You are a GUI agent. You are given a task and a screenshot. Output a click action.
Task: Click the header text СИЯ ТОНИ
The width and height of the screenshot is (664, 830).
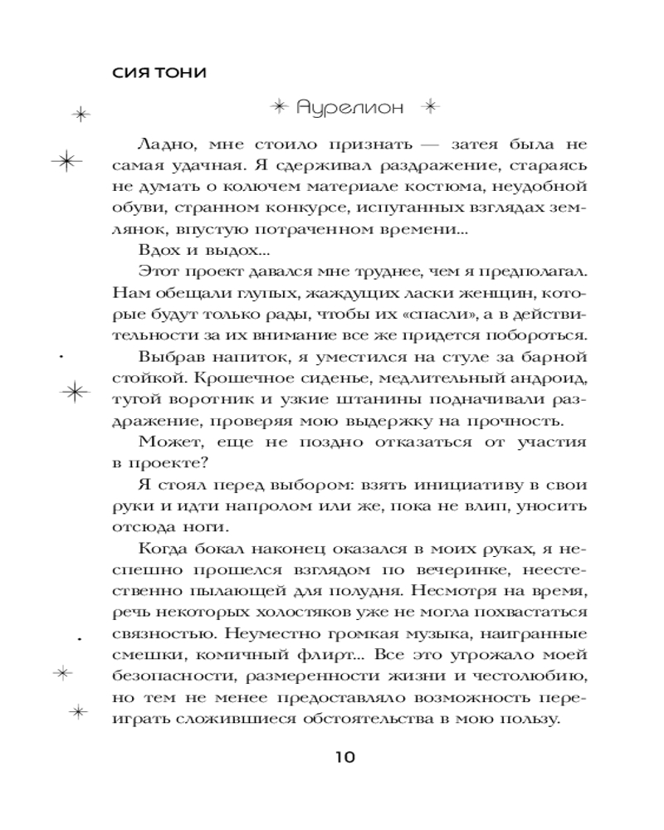coord(158,72)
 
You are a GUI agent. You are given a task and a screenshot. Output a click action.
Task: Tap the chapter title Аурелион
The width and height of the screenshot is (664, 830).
coord(350,108)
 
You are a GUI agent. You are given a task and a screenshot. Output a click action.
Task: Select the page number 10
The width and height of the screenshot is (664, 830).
coord(344,757)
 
